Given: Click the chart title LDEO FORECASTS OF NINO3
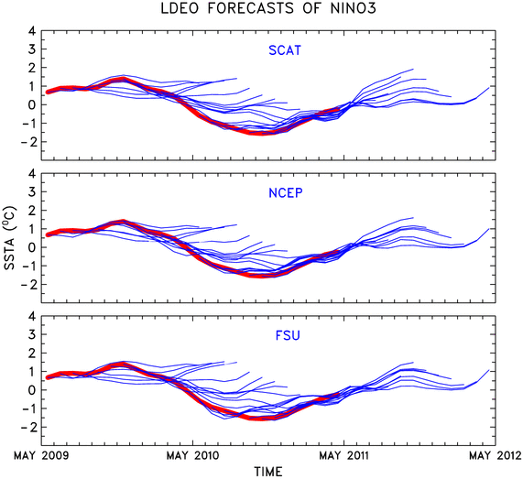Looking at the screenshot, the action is [268, 8].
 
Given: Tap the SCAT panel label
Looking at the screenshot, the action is [285, 50].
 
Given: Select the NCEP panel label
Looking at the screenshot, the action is [286, 193].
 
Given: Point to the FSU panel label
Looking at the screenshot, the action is [288, 335].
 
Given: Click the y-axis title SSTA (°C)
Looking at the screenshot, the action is [10, 238].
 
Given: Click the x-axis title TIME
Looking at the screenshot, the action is [268, 472].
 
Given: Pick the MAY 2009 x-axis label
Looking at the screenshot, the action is [41, 455].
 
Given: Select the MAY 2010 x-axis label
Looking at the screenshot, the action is [193, 455].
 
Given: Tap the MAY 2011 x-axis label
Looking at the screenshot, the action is [344, 455].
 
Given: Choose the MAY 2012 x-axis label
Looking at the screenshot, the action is [496, 455].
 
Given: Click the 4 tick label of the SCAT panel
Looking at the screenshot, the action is [32, 31].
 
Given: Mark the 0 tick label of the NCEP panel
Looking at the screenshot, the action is [32, 247].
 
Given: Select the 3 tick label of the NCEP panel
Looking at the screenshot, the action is [32, 191].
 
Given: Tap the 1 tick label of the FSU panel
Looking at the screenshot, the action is [32, 371].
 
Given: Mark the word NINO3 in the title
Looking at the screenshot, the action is [353, 8].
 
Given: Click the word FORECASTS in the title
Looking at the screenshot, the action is [250, 8].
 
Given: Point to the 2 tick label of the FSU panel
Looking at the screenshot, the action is [32, 353].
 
